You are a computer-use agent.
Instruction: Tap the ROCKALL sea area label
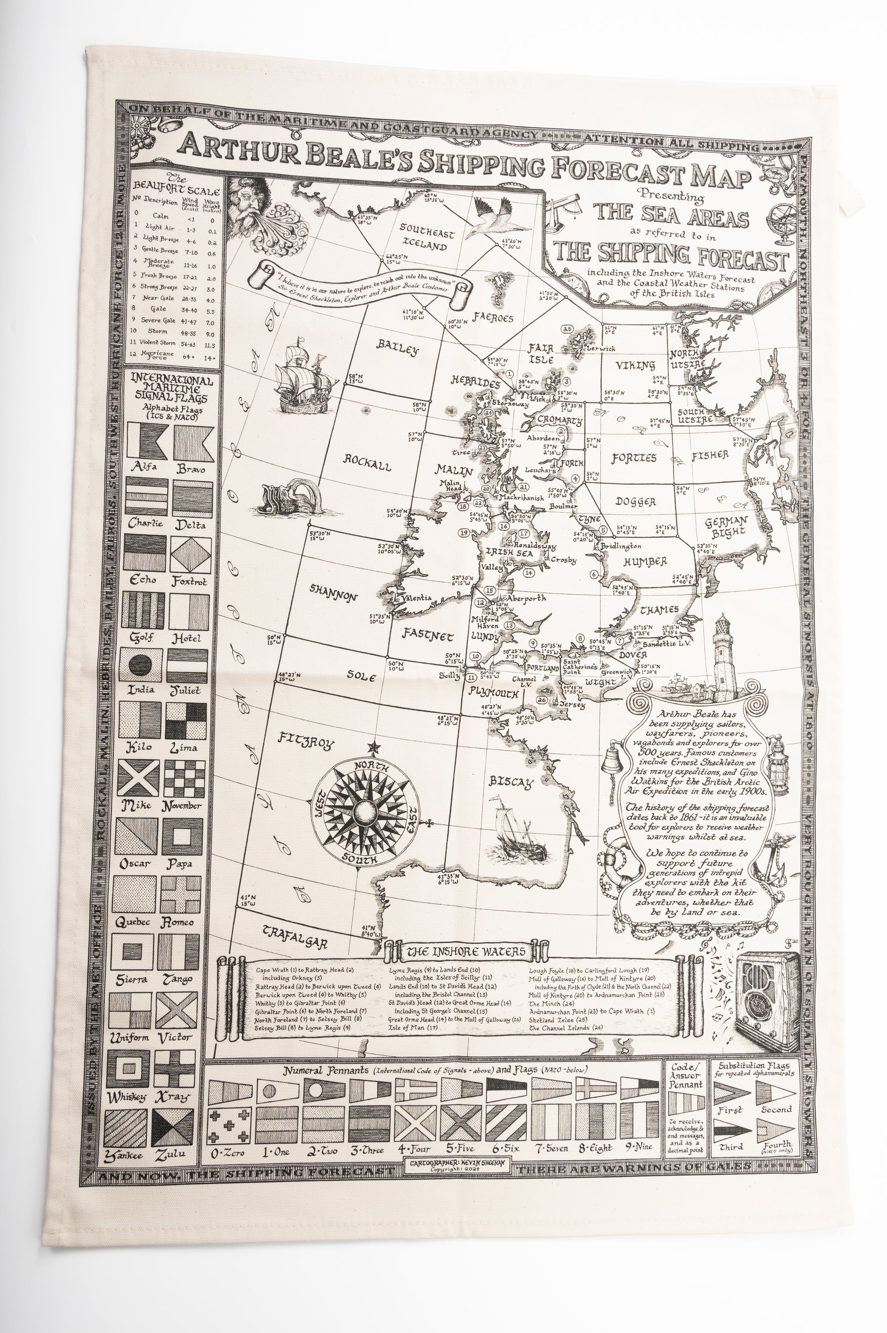point(368,464)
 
